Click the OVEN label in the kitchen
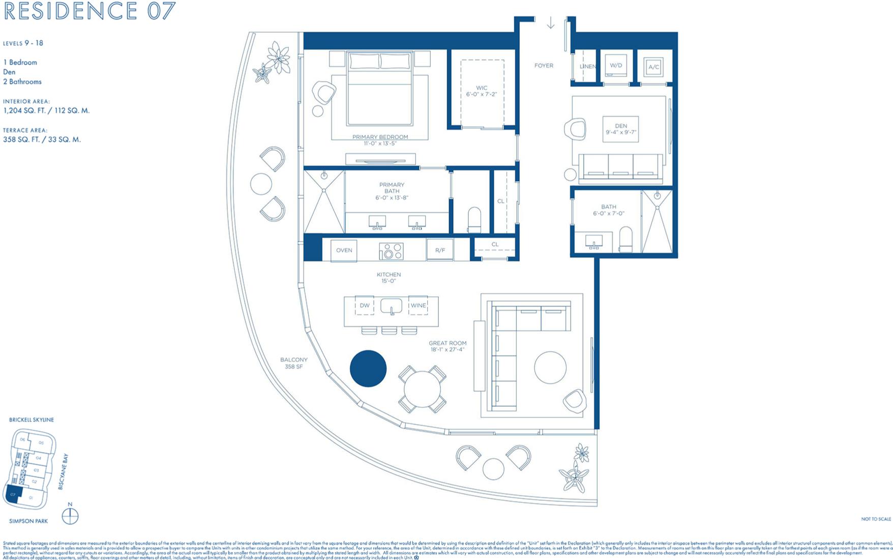(344, 250)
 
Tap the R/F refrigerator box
(440, 250)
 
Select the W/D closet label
(616, 66)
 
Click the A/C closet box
(653, 67)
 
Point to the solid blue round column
(368, 369)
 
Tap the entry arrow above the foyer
(550, 23)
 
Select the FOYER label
(544, 66)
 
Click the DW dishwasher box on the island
(365, 305)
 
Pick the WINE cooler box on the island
(418, 305)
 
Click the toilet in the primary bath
(474, 219)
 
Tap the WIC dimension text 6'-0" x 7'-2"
(481, 95)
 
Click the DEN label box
(620, 129)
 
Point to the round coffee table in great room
(550, 367)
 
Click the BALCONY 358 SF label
(294, 363)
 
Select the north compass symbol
(70, 517)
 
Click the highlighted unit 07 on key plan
(12, 495)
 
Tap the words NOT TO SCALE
(876, 519)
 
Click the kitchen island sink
(391, 306)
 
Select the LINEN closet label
(587, 67)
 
